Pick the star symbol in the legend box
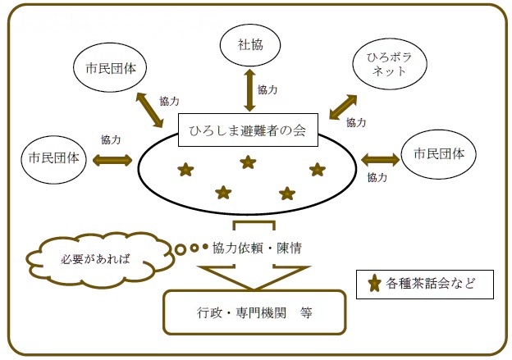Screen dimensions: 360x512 [x=374, y=285]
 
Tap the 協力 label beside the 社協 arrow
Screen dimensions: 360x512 [x=267, y=89]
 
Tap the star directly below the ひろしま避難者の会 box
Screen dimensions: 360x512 [x=248, y=162]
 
